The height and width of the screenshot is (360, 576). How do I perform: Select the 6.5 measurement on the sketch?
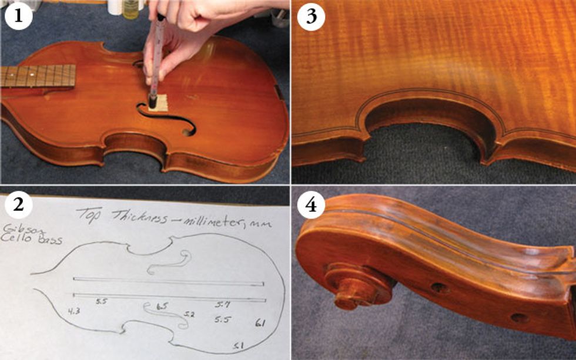162,306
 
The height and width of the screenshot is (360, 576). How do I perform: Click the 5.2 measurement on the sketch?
189,315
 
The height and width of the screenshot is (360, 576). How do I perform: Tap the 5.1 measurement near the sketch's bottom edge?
239,345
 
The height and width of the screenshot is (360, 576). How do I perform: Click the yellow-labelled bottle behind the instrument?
132,9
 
